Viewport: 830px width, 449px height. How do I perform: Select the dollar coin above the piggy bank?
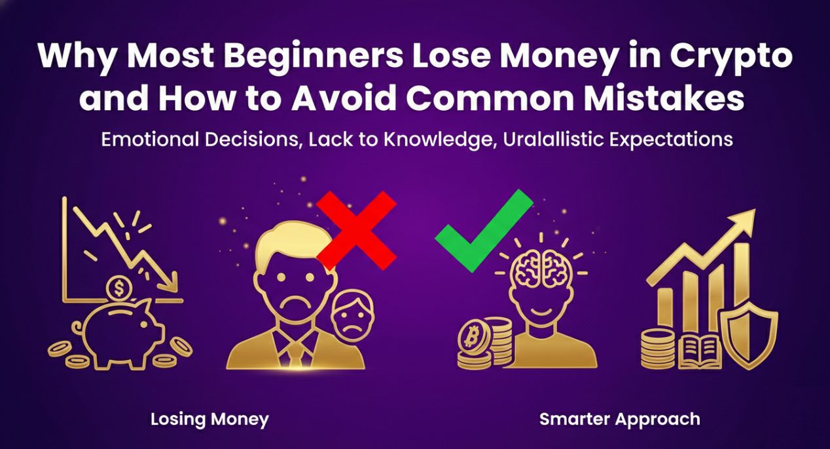[x=120, y=287]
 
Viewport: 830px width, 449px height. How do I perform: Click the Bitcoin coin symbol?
[x=469, y=338]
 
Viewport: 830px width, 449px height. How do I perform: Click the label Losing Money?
[x=209, y=420]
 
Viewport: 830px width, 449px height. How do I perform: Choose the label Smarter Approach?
[x=619, y=420]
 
